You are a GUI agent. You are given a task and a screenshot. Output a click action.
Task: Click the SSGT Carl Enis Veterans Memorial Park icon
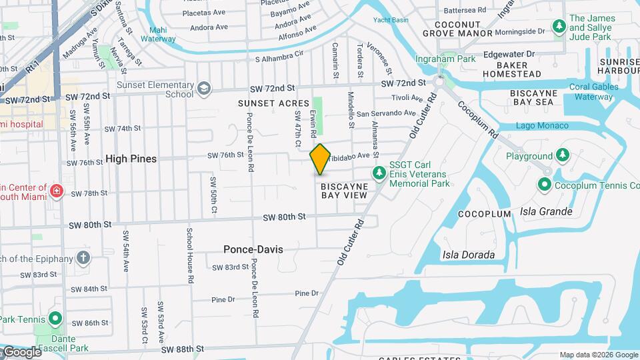click(379, 173)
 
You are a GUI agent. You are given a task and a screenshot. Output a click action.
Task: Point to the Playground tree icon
click(563, 155)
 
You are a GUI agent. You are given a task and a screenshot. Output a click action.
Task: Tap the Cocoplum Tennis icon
click(545, 185)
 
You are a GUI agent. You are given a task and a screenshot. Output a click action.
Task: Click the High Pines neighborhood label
click(131, 159)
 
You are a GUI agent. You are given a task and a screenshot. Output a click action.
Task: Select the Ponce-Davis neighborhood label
click(253, 249)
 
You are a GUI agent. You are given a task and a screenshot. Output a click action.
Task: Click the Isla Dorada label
click(469, 255)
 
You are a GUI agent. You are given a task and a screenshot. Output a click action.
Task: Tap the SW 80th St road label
click(283, 217)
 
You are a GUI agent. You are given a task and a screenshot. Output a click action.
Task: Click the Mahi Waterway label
click(158, 35)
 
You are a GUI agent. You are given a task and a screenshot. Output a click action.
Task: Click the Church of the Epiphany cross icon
click(83, 257)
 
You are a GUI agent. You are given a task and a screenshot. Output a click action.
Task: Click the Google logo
click(21, 352)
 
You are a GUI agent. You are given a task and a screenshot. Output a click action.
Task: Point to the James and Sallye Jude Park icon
click(559, 27)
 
